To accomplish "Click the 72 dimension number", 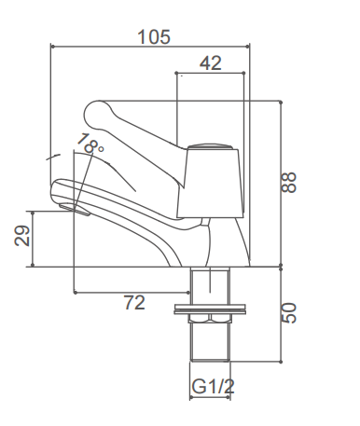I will click(x=134, y=302).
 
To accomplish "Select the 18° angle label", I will click(x=90, y=145).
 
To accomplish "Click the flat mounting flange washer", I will click(x=211, y=305).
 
